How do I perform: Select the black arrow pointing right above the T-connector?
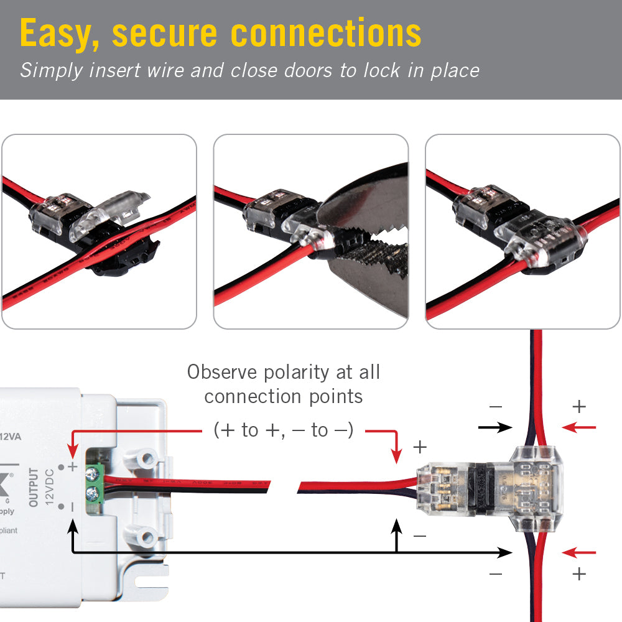pos(495,427)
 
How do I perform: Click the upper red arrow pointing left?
pos(578,427)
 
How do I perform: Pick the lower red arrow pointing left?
pos(578,552)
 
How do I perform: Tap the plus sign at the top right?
pos(579,407)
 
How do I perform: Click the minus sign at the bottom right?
pos(495,573)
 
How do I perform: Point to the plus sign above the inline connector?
pos(420,447)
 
